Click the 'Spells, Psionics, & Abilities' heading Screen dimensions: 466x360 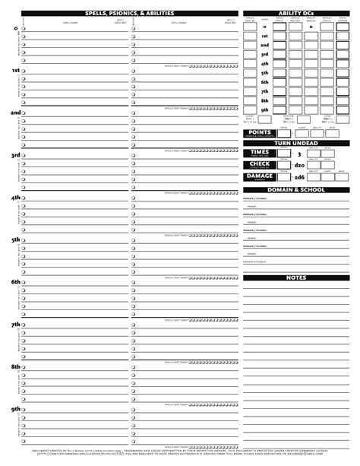(x=130, y=14)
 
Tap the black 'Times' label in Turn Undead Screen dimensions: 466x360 (x=258, y=153)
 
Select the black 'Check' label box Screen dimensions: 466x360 (x=258, y=164)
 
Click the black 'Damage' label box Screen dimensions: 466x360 (x=258, y=176)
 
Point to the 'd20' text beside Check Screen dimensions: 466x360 (x=299, y=165)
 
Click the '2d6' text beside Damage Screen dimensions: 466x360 (x=299, y=177)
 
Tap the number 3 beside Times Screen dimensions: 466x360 (x=299, y=154)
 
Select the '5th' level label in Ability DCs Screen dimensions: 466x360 (x=264, y=72)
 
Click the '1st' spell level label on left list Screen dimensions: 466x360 (x=15, y=70)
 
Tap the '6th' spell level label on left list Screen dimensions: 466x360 (x=15, y=281)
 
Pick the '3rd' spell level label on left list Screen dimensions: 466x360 (x=15, y=155)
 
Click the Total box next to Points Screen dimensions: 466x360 (x=283, y=134)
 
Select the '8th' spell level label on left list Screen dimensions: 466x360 (x=15, y=366)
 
